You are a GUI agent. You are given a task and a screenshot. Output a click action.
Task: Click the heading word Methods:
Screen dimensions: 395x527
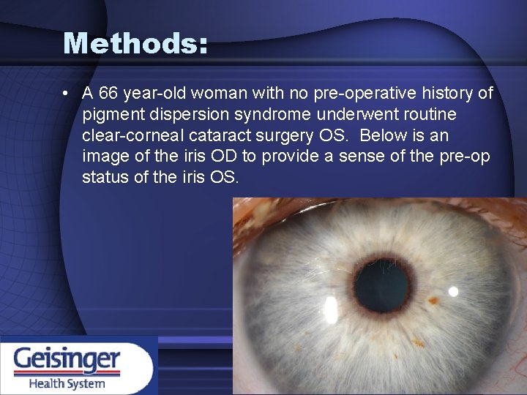tap(135, 44)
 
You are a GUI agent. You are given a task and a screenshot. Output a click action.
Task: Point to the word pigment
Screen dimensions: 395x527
tap(112, 115)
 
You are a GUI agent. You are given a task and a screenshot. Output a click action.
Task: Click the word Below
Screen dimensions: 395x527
tap(384, 136)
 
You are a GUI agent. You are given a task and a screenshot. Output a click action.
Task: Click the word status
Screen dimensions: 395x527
tap(104, 178)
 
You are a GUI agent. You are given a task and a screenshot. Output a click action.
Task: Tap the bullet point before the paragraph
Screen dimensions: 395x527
tap(67, 94)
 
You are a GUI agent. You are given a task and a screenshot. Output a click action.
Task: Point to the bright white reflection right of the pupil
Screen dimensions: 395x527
tap(453, 290)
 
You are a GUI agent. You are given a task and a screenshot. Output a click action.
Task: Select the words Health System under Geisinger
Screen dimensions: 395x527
tap(67, 383)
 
